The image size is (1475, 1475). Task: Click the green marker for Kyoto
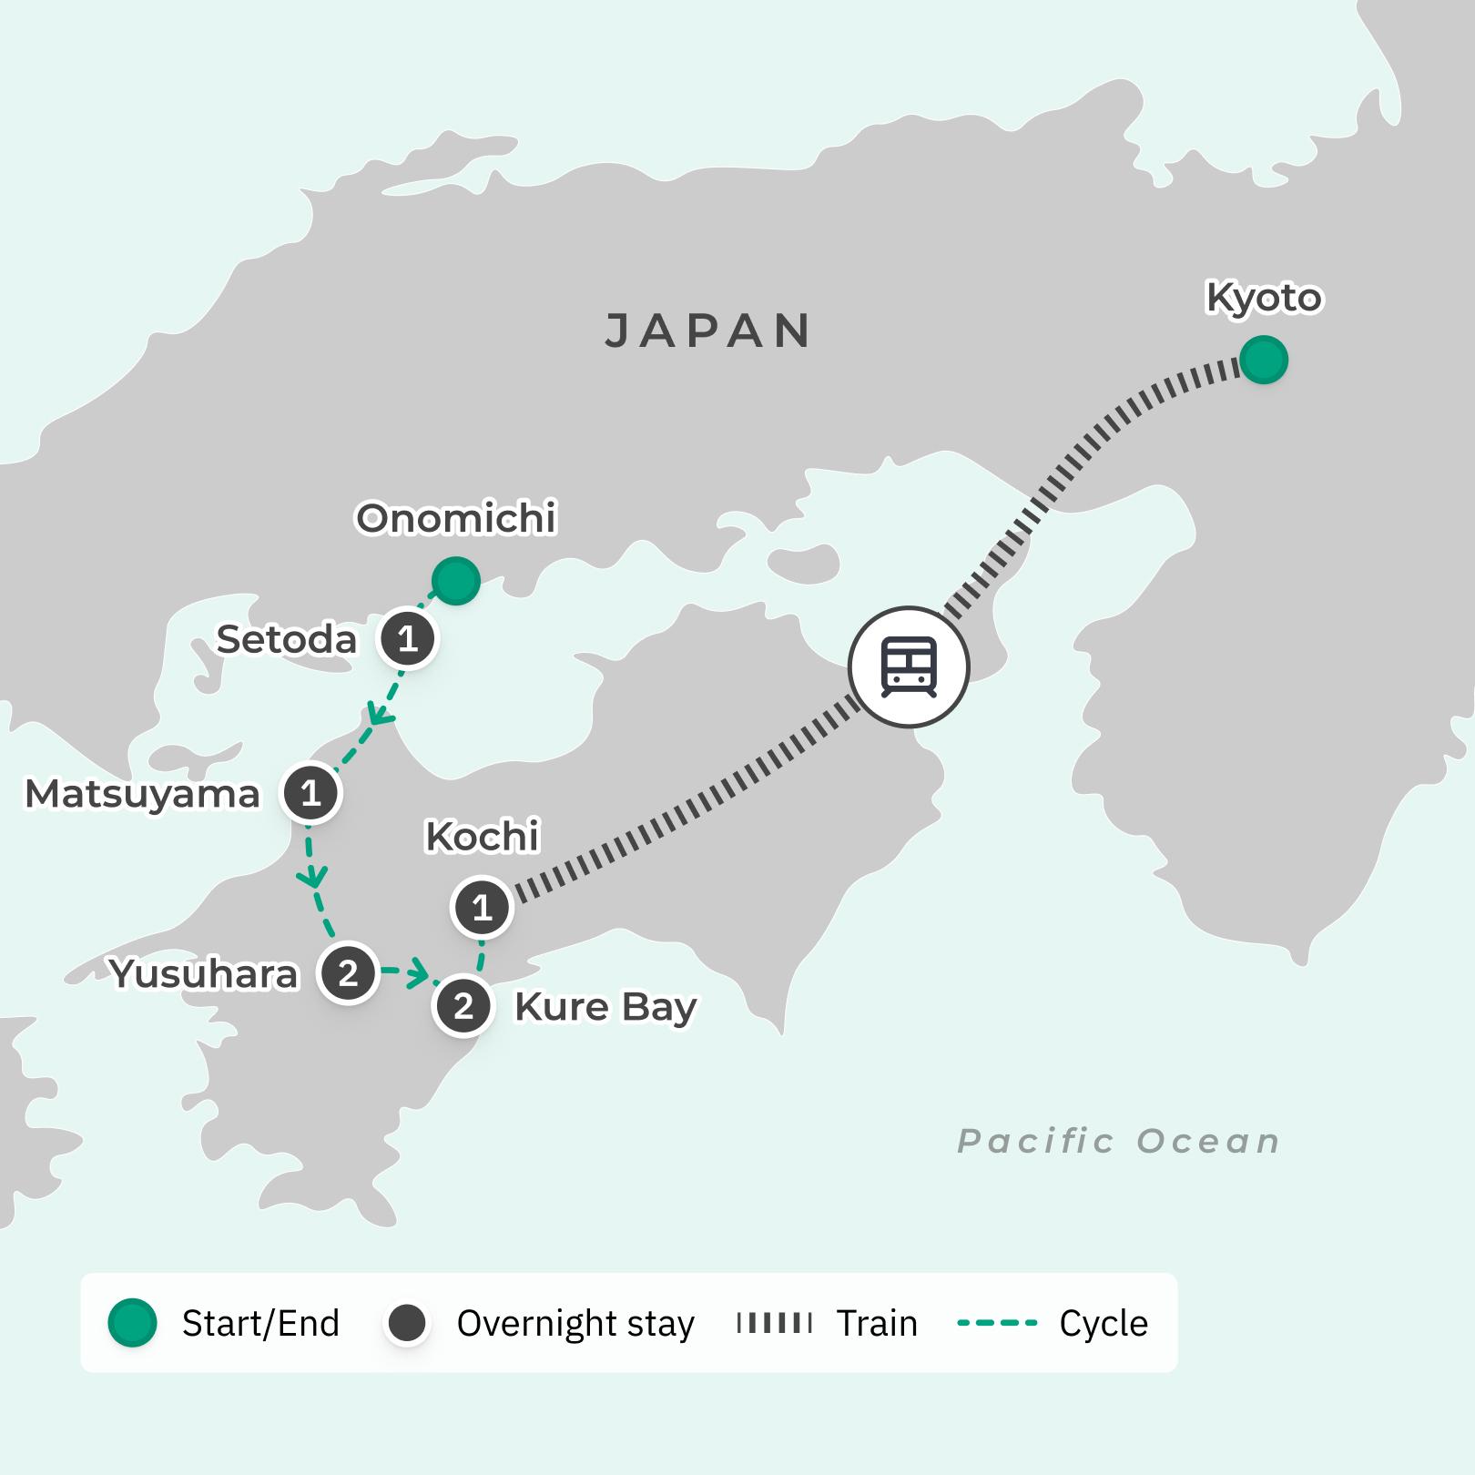(x=1263, y=360)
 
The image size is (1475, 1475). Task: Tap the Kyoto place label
(x=1263, y=298)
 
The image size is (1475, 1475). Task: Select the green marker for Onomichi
(x=455, y=580)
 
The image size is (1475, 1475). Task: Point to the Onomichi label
(x=455, y=518)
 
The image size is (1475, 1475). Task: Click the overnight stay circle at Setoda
(x=408, y=639)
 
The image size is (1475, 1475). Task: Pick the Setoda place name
(x=286, y=640)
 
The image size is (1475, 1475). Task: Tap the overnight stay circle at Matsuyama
(x=311, y=793)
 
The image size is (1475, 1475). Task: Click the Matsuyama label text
(x=142, y=794)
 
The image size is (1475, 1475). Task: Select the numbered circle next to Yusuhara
(x=348, y=973)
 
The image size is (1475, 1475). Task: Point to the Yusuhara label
(x=204, y=974)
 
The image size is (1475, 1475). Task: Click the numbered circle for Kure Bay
(x=463, y=1006)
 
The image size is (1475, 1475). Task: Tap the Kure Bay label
(x=605, y=1007)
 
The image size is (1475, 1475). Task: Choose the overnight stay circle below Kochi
(x=482, y=907)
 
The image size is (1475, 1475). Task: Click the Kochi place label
(x=483, y=836)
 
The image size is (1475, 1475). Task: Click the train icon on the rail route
(x=909, y=666)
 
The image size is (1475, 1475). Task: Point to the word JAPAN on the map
(x=708, y=331)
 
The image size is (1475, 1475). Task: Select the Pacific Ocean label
(x=1118, y=1141)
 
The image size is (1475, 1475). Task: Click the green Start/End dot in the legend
(x=133, y=1323)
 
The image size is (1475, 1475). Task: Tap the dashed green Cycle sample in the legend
(x=997, y=1323)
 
